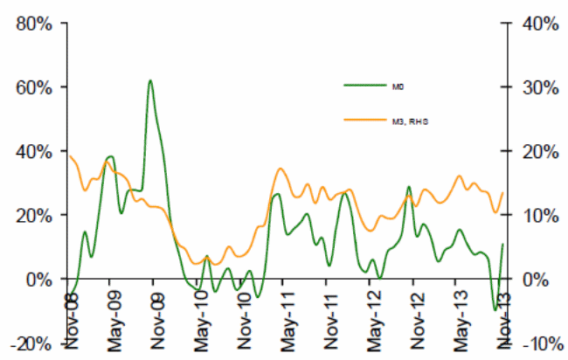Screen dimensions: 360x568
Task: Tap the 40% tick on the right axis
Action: (535, 23)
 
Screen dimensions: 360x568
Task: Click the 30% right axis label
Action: (535, 87)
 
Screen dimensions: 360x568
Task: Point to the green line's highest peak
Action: (150, 80)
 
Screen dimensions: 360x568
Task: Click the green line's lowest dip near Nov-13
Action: (495, 309)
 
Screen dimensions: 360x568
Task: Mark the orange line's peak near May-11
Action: (281, 169)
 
